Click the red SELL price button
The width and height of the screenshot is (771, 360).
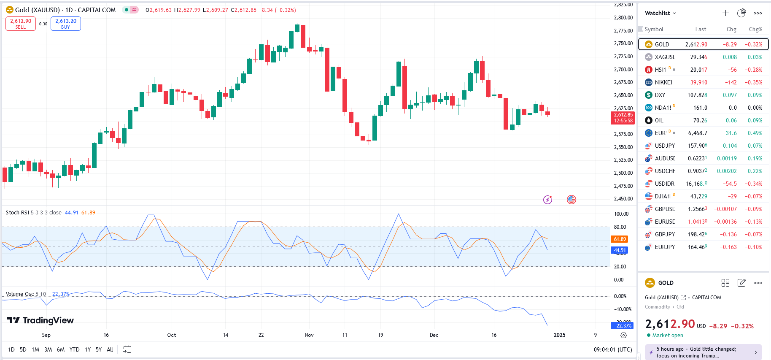point(21,24)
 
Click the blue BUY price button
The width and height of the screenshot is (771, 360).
point(66,24)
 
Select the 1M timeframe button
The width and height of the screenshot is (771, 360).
point(35,349)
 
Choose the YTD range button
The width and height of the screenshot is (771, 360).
point(74,349)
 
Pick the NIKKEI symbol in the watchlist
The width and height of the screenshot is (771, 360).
point(663,82)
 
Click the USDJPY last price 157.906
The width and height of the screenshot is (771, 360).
point(697,146)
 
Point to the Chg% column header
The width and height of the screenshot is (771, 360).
point(755,29)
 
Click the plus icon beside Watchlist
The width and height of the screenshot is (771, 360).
point(725,13)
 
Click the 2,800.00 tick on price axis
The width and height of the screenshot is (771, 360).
point(623,18)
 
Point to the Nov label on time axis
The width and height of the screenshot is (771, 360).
point(309,335)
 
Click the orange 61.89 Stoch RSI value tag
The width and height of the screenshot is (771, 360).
point(620,239)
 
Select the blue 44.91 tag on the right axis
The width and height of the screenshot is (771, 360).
point(620,250)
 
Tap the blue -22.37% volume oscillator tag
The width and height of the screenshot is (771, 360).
point(622,325)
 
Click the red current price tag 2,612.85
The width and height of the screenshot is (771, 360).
point(623,117)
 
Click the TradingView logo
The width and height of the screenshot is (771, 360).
point(40,320)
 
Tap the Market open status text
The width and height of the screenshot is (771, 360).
point(668,336)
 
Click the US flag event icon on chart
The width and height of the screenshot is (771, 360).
point(572,200)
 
